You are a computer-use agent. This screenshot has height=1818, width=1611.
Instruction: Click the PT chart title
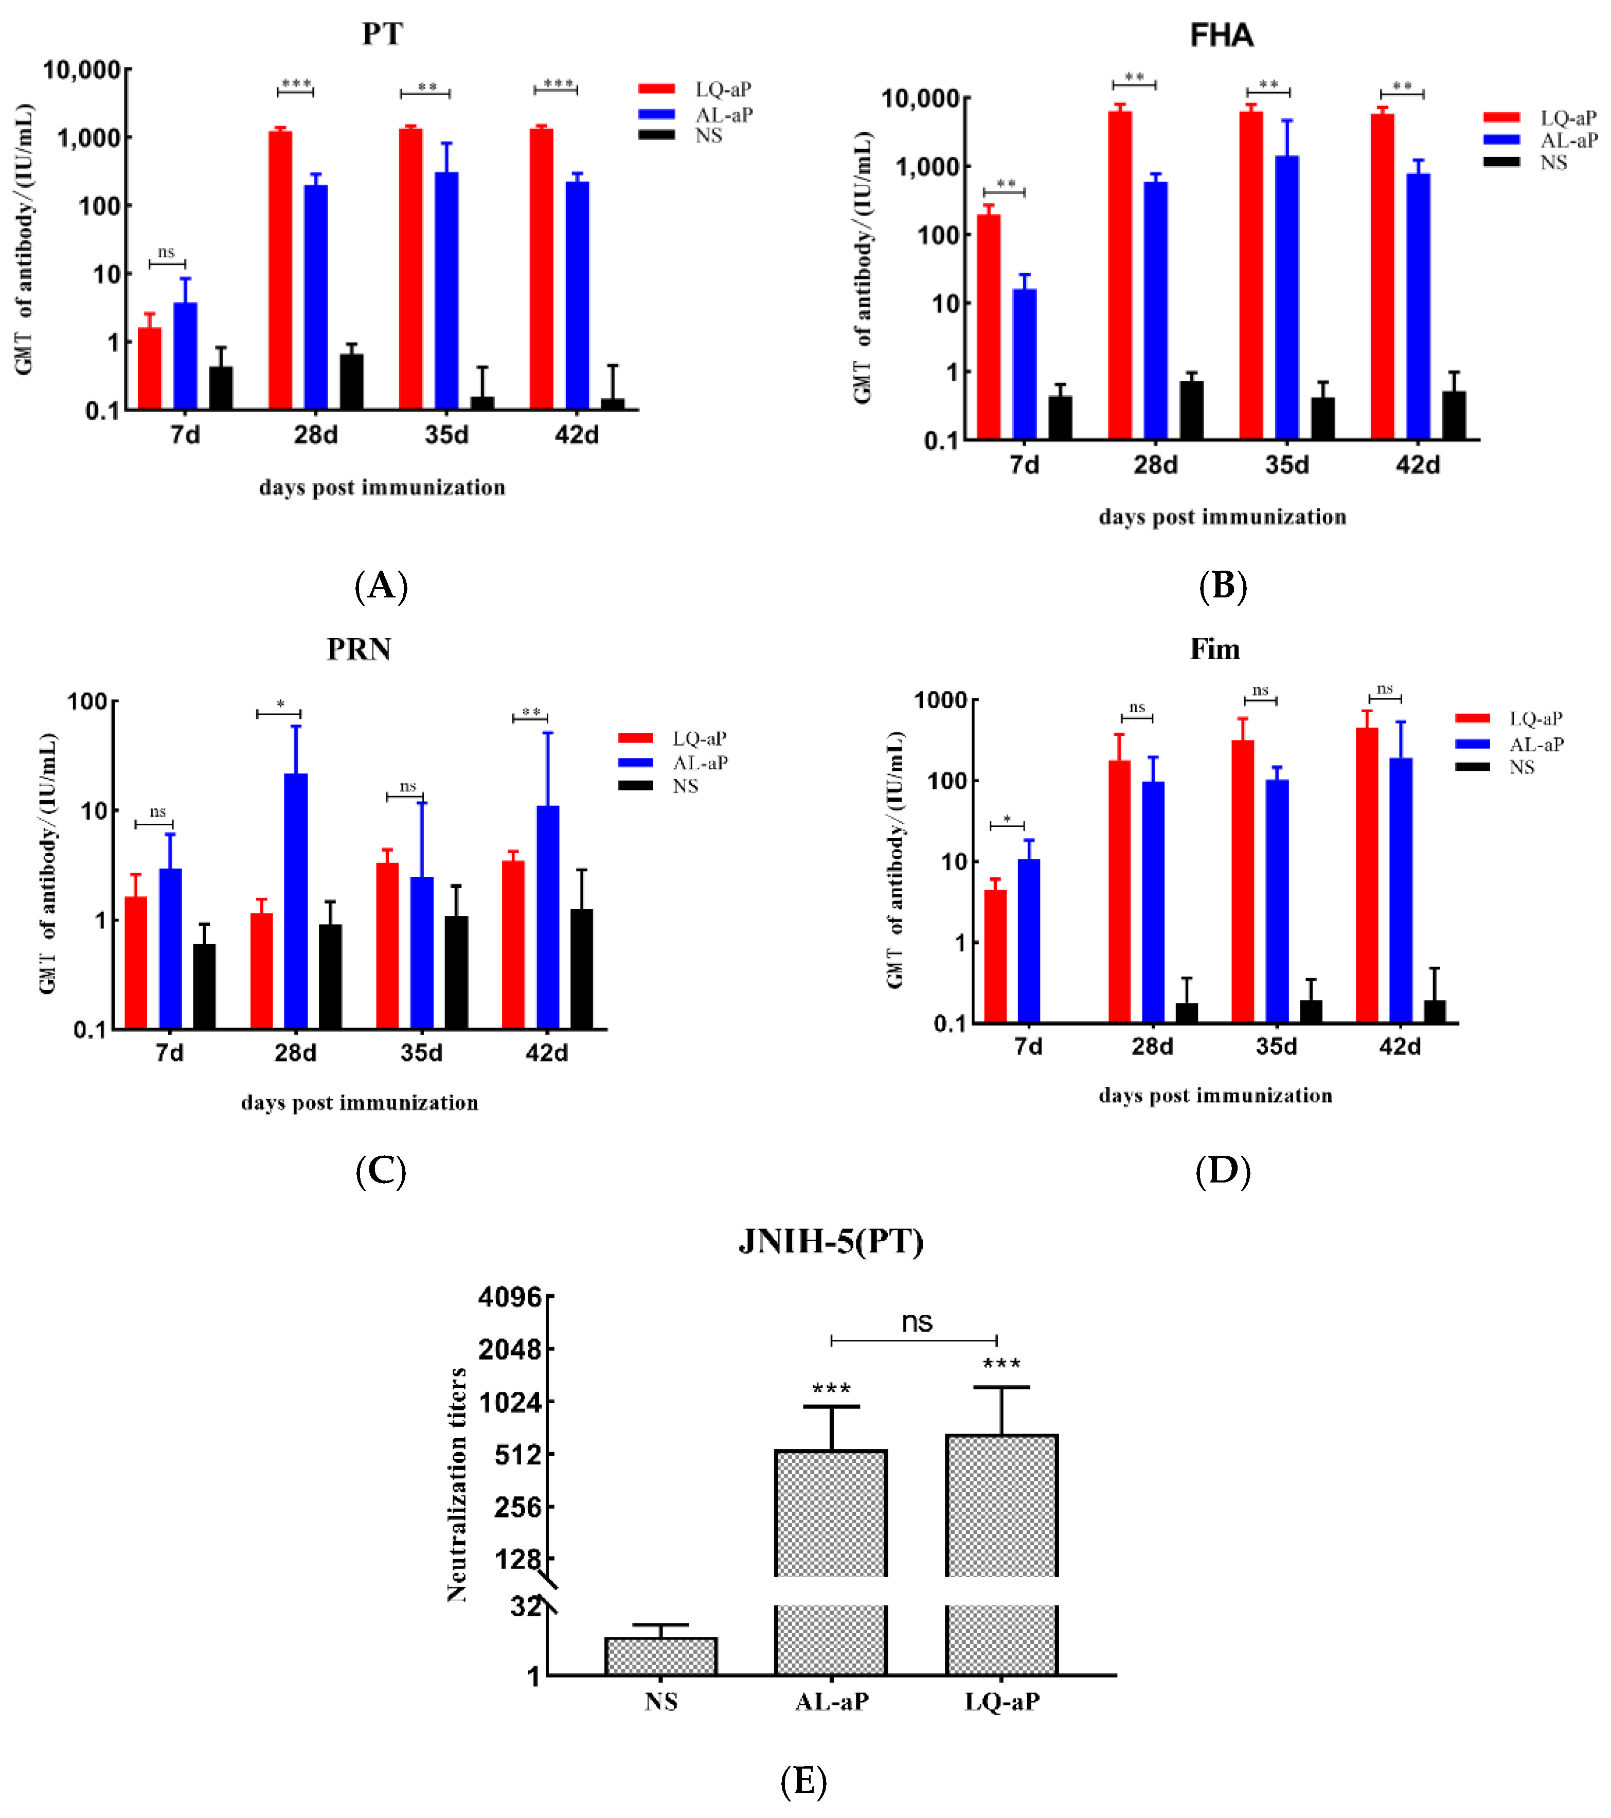tap(382, 34)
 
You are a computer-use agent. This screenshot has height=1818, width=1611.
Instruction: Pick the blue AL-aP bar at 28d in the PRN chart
tap(296, 900)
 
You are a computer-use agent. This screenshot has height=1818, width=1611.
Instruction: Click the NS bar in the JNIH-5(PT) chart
tap(660, 1656)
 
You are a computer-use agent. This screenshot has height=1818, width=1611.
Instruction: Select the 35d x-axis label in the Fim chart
tap(1276, 1046)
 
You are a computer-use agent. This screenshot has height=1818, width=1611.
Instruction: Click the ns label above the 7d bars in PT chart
tap(166, 253)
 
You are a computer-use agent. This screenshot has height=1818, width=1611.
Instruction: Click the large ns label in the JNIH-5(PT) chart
tap(917, 1322)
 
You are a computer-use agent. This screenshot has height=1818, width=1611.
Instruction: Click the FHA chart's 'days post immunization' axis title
tap(1223, 517)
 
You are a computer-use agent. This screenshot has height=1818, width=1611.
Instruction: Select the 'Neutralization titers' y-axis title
tap(457, 1486)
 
